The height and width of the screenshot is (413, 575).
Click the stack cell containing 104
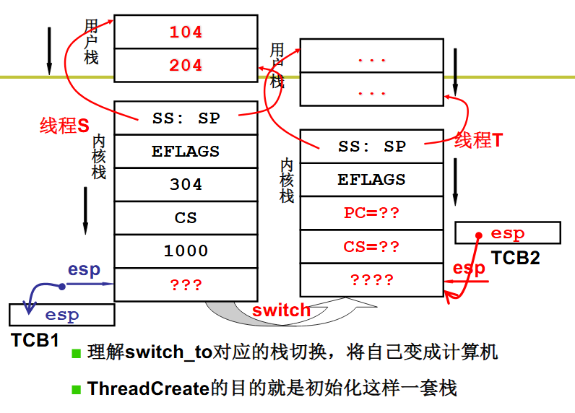point(186,32)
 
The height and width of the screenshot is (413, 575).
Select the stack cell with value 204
point(186,65)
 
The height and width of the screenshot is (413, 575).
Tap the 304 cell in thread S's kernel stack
point(186,184)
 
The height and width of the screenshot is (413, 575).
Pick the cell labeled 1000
point(186,251)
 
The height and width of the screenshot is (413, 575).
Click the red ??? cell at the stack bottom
point(186,284)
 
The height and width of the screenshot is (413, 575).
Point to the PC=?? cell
point(372,213)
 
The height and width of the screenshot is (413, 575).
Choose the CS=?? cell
point(372,246)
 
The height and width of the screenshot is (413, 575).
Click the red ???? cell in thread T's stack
point(372,279)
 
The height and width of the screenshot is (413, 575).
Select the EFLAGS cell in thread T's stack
point(372,180)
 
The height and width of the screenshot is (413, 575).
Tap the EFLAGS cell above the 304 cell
point(186,152)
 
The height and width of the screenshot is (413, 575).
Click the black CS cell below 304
point(186,218)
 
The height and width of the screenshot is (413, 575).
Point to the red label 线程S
point(64,126)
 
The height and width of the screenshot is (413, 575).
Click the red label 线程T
point(478,140)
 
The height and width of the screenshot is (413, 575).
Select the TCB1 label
point(35,340)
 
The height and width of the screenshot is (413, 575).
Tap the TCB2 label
point(515,258)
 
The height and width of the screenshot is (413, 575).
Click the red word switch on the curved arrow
point(281,310)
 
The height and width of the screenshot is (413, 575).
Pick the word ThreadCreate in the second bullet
point(148,388)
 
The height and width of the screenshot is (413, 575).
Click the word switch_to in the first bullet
point(169,352)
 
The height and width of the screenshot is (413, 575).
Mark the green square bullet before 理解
point(76,353)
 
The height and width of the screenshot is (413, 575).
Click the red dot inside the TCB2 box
point(478,235)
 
